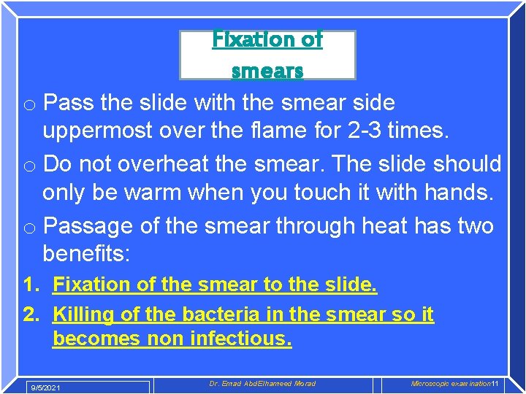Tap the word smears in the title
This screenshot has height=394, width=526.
coord(267,70)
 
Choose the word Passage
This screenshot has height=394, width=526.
coord(89,225)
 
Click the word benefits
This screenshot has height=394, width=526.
coord(94,254)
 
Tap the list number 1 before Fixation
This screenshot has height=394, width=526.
coord(30,285)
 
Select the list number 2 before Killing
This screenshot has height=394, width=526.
coord(30,314)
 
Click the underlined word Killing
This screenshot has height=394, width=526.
coord(84,314)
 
